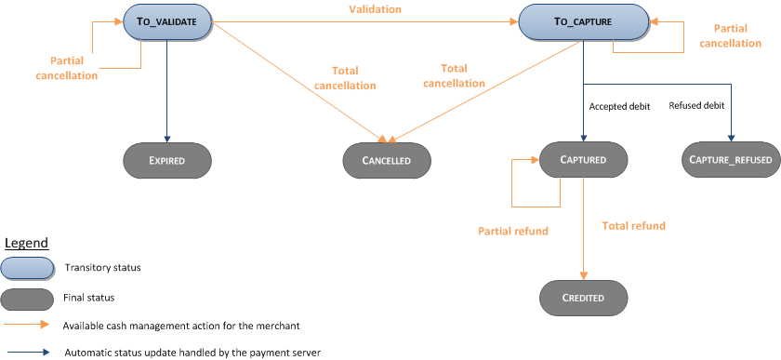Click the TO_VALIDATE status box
167,21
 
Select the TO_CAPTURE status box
584,21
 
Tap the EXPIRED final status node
167,160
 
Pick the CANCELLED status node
388,160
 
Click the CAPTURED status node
583,160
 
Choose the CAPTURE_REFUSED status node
730,160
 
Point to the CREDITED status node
583,298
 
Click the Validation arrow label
376,9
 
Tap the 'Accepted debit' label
619,106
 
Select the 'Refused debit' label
696,106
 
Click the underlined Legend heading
27,243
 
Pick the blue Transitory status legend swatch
27,268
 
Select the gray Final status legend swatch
27,298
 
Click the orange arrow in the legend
27,326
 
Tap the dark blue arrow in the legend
27,352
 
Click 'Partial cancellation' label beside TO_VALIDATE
66,68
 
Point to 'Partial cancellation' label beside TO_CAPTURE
729,35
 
